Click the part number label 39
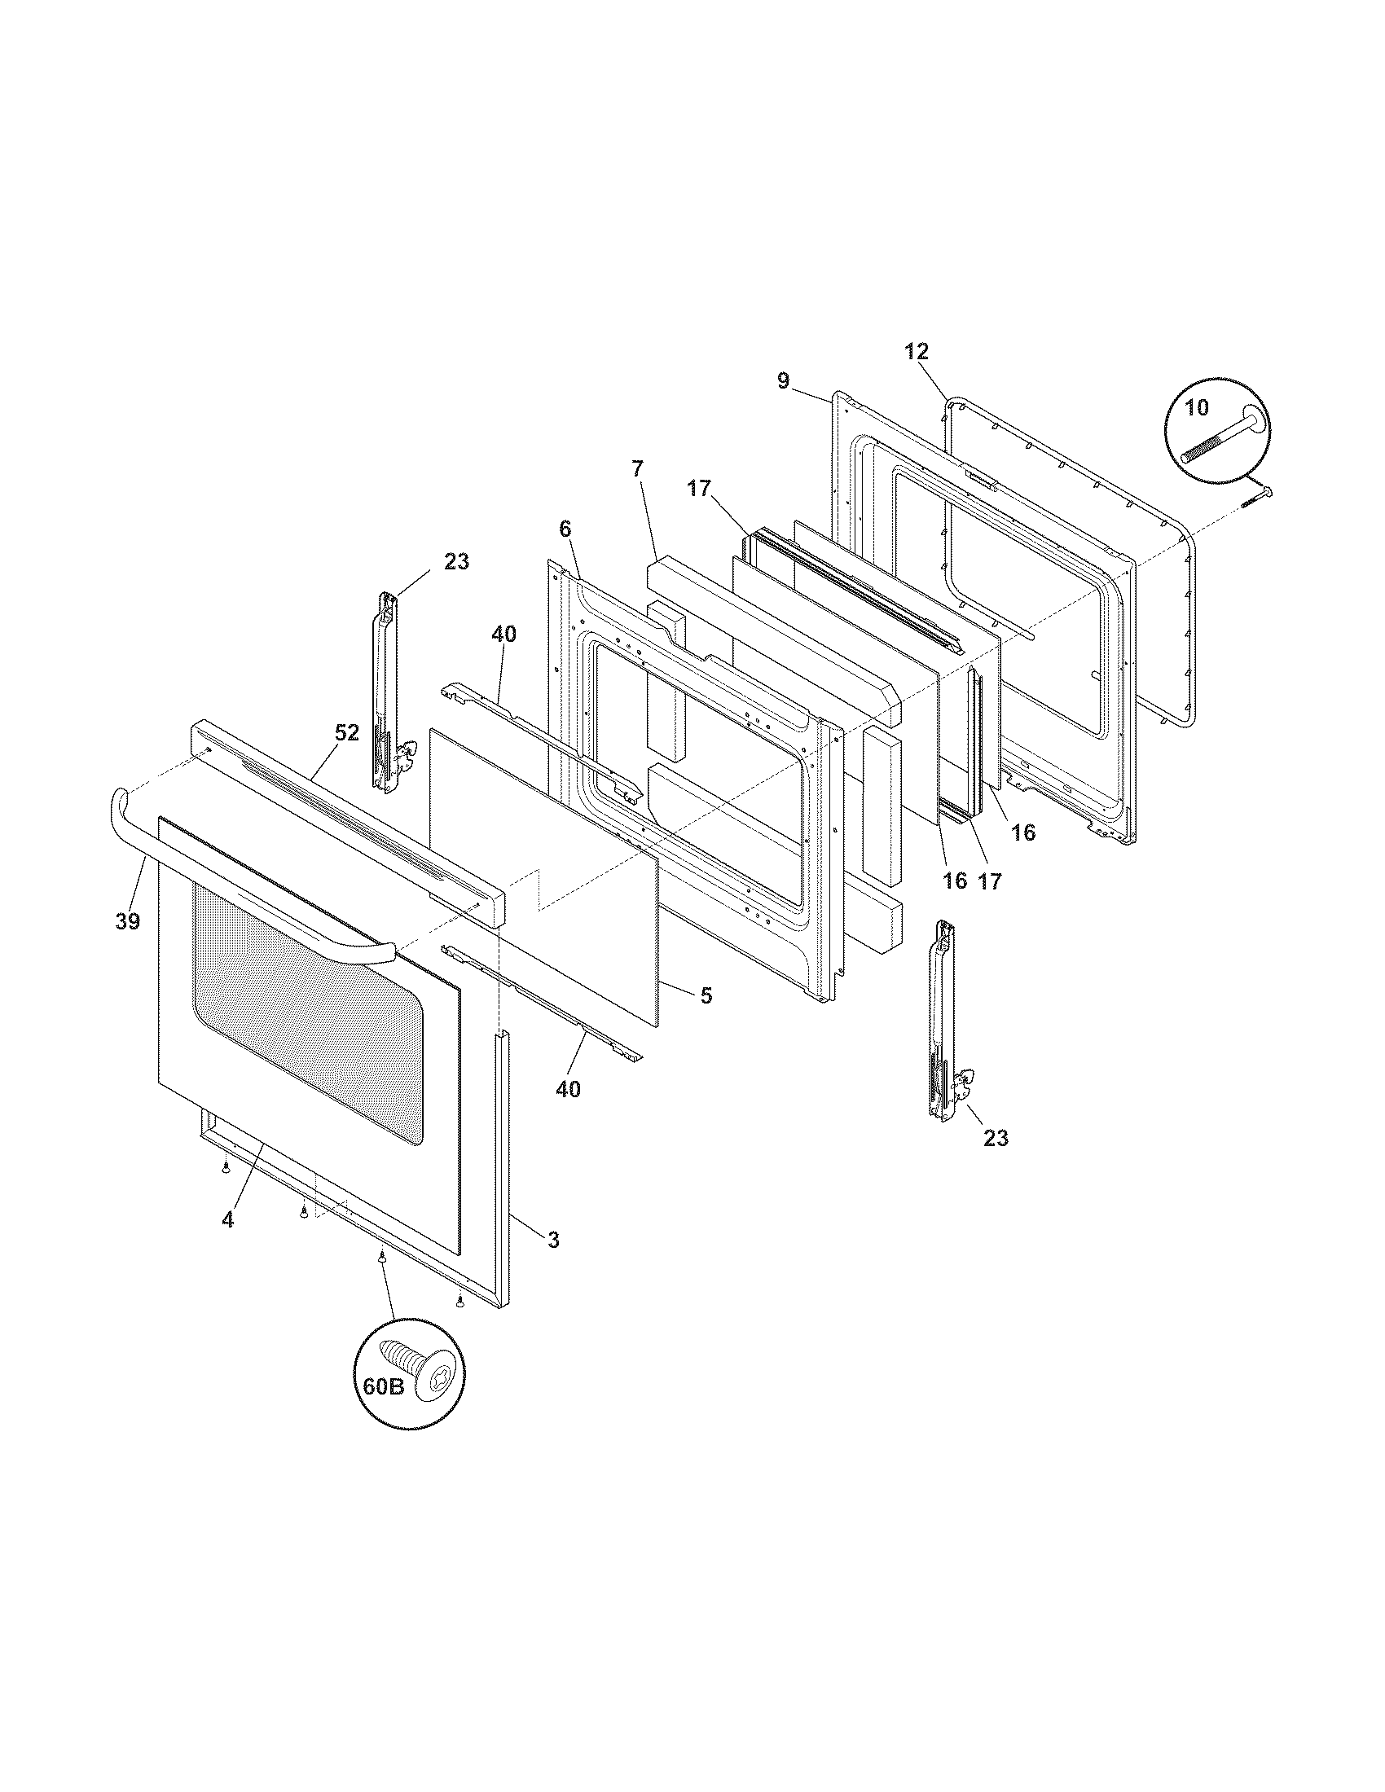point(127,920)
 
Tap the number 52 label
point(347,733)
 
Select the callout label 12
point(917,351)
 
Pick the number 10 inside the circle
point(1197,406)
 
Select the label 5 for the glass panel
point(706,995)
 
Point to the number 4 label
point(227,1242)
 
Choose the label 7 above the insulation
point(638,468)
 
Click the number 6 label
point(565,529)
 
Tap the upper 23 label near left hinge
point(456,561)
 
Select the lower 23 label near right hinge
point(996,1138)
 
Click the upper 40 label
point(503,634)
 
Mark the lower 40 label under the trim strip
point(568,1089)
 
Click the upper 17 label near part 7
point(698,488)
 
